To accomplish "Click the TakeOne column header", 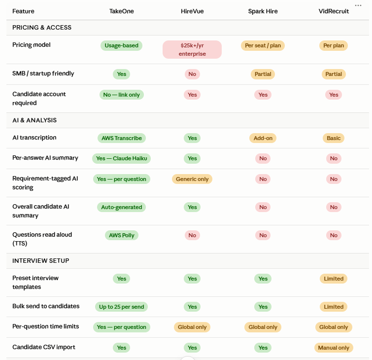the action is [122, 11].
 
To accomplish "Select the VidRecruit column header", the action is [334, 11].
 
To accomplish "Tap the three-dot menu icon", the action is [358, 5].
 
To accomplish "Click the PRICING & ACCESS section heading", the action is [42, 28].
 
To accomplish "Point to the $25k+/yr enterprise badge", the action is [192, 49].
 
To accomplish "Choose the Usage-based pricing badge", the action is [122, 45].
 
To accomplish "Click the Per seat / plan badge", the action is [263, 45].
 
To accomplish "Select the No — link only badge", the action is [122, 95].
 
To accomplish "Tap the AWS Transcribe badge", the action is [122, 138].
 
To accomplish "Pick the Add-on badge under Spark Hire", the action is [263, 138].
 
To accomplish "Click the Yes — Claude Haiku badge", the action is [122, 158].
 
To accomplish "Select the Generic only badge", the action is [192, 179].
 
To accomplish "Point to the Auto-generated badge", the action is [122, 207].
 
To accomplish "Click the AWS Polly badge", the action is [122, 235].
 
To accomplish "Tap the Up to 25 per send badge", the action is [122, 307].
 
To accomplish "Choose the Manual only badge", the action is [334, 348].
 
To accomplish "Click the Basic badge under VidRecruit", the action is [334, 138].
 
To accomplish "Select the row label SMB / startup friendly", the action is [43, 73].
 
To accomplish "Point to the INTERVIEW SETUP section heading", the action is [41, 261].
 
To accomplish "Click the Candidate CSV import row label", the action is [44, 347].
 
